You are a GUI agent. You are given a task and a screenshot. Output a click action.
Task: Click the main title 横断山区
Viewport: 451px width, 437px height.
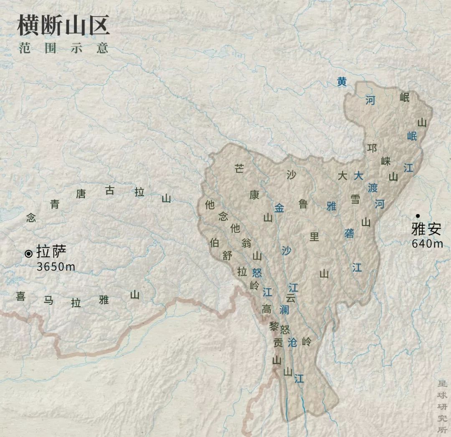(x=63, y=26)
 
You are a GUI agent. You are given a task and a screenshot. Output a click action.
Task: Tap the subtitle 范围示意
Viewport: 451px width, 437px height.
(x=63, y=48)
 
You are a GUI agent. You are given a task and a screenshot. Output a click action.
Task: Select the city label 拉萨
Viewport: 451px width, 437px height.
(x=51, y=253)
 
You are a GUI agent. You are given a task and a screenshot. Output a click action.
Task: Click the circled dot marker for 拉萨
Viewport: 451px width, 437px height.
(x=29, y=253)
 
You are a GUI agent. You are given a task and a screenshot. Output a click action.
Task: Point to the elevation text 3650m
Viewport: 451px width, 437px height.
(x=56, y=266)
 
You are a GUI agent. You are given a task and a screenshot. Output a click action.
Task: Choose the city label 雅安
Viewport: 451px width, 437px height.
(x=426, y=230)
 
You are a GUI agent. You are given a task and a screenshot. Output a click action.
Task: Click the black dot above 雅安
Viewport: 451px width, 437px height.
(x=417, y=216)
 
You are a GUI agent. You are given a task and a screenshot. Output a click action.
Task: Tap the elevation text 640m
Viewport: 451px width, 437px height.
(x=427, y=243)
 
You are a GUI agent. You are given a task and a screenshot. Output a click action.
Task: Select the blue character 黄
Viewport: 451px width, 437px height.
(x=342, y=82)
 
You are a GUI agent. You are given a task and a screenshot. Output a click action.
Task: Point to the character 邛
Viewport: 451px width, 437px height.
(x=372, y=148)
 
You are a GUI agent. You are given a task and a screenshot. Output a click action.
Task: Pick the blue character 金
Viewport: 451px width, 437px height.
(x=279, y=207)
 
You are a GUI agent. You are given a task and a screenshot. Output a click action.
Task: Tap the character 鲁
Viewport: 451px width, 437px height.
(x=303, y=204)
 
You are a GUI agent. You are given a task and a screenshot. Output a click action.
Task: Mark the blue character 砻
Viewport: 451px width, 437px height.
(x=349, y=233)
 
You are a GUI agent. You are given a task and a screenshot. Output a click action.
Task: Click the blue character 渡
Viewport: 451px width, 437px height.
(x=372, y=188)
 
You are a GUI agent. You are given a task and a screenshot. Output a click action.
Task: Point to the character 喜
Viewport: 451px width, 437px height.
(x=20, y=296)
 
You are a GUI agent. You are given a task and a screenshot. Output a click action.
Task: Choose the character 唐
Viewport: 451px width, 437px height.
(x=80, y=194)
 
